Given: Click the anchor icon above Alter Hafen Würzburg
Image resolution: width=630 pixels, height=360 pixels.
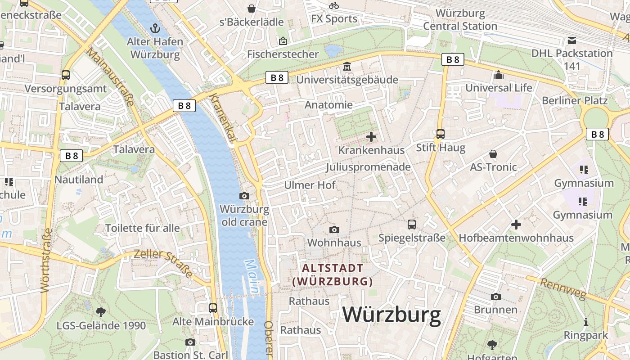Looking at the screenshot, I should [x=155, y=28].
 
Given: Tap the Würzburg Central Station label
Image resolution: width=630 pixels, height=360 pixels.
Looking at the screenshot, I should [x=460, y=20].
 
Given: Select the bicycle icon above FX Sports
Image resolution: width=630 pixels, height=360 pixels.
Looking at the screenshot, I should [x=334, y=5].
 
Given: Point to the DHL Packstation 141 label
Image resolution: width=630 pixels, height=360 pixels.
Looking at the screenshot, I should [x=572, y=59].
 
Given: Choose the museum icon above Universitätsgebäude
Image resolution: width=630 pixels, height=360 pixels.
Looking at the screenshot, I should [x=347, y=67].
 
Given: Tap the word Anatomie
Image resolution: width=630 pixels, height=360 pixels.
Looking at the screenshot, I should [x=329, y=105].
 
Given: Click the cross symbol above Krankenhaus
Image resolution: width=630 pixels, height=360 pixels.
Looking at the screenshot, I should [x=371, y=136].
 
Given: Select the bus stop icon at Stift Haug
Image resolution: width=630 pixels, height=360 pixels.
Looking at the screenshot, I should [x=440, y=134].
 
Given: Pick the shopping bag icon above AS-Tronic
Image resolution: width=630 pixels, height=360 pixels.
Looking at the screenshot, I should [x=493, y=154].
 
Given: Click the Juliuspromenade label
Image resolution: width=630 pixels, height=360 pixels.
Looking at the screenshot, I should [x=368, y=167].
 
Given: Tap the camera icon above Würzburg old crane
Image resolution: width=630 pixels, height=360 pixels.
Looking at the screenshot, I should [x=244, y=196].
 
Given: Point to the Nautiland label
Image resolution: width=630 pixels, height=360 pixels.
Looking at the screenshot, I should [x=79, y=180].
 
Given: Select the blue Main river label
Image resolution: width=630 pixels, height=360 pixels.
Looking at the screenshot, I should [x=251, y=277].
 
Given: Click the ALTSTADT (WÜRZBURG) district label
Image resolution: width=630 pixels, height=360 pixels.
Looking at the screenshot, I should [x=333, y=275].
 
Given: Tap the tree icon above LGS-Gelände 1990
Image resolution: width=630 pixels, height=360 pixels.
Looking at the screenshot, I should [x=101, y=312].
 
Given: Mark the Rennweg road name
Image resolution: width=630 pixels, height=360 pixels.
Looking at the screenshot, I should [x=563, y=288].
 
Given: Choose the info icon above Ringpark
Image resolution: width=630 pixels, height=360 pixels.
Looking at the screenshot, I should [x=586, y=322].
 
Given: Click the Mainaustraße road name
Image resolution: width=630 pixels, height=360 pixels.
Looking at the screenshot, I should [x=110, y=77].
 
